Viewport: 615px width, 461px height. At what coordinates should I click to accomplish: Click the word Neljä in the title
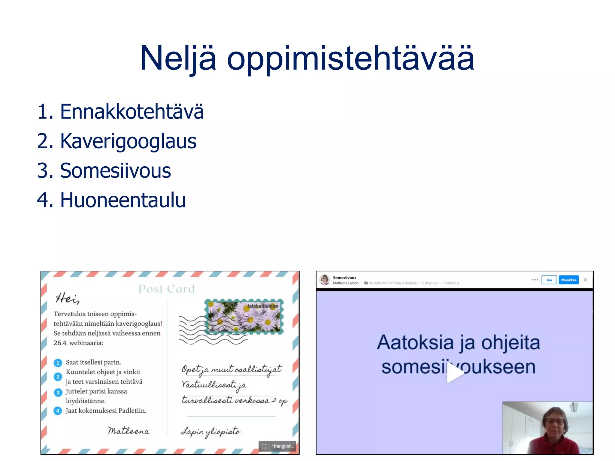(178, 59)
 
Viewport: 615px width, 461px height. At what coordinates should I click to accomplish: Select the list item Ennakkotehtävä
(120, 112)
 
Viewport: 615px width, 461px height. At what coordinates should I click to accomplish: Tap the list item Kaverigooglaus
(117, 141)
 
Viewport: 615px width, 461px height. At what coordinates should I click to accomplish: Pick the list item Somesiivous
(104, 170)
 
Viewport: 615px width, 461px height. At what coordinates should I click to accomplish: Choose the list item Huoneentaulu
(111, 200)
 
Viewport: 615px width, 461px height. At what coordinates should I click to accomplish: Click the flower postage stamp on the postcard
(244, 317)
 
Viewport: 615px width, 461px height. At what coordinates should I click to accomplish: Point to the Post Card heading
(166, 289)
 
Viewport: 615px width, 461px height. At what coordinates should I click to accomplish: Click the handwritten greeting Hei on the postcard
(67, 298)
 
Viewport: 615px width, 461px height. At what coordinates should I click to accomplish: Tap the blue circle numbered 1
(58, 363)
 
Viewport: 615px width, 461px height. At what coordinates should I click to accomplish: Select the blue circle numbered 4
(58, 411)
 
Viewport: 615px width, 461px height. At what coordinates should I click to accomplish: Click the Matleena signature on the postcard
(129, 431)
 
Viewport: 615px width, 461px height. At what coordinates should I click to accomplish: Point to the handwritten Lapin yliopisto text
(211, 432)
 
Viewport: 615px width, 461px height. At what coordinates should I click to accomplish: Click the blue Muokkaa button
(568, 280)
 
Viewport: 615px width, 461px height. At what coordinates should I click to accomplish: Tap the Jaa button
(549, 280)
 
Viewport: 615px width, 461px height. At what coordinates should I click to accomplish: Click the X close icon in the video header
(585, 280)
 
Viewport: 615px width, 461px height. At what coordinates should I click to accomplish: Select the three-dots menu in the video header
(535, 280)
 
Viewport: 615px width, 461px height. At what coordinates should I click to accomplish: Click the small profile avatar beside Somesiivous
(325, 280)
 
